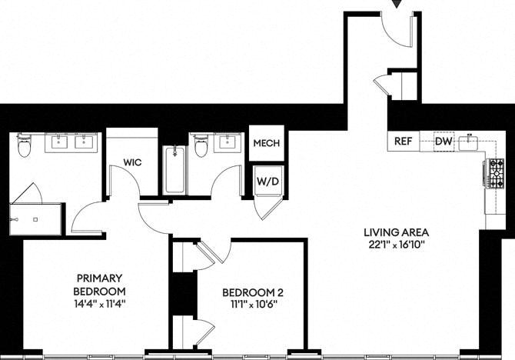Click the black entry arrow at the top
(397, 5)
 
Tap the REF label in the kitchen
(404, 142)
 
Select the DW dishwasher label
(444, 142)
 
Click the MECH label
(266, 144)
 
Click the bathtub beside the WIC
(174, 171)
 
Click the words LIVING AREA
(397, 232)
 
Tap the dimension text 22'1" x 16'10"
(397, 245)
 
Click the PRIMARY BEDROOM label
(100, 285)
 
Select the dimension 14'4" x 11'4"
(100, 303)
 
